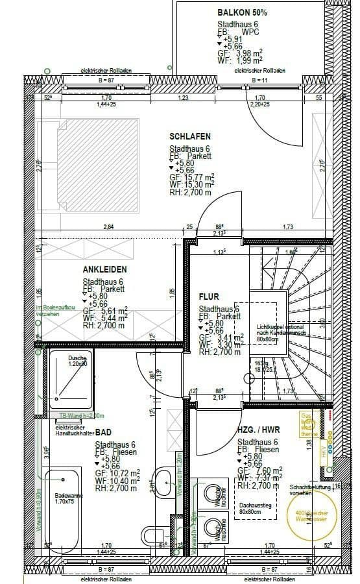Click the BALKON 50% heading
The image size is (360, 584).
click(x=241, y=12)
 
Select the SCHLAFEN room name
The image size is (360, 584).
click(x=189, y=136)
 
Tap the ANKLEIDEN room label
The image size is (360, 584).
click(x=104, y=269)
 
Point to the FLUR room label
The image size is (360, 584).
click(x=209, y=297)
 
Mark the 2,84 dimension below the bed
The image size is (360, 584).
click(x=109, y=227)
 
